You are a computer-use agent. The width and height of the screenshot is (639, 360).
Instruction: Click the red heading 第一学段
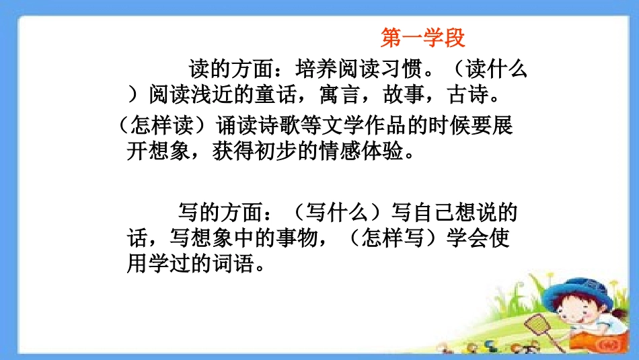point(422,38)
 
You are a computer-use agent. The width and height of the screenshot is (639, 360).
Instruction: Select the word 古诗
point(467,96)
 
